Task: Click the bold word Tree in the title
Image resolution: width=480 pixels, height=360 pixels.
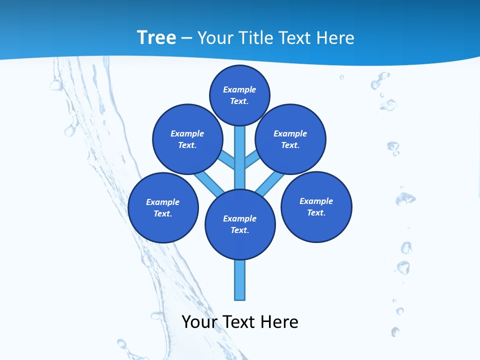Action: point(156,37)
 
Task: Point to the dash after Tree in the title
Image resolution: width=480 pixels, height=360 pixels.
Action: point(186,38)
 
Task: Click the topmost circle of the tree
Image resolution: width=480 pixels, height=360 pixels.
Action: point(239,95)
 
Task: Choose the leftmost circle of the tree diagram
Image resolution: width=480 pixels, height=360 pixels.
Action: point(163,208)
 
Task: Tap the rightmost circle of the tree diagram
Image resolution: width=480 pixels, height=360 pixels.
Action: point(316,207)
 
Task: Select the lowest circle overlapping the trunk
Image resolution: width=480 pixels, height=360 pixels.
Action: point(240,224)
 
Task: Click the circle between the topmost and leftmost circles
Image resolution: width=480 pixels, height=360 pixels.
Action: point(187,139)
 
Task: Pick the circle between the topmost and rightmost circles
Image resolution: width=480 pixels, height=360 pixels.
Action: point(290,139)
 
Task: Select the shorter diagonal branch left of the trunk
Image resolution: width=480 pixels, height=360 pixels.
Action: point(227,159)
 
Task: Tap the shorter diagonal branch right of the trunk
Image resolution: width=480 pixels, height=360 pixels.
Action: point(252,159)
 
